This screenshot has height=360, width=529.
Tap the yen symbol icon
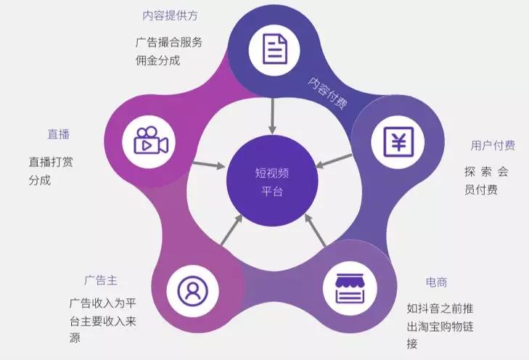(x=398, y=142)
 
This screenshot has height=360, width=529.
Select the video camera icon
(x=151, y=142)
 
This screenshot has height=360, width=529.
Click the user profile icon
(x=192, y=291)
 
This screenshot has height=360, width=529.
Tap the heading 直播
(x=59, y=134)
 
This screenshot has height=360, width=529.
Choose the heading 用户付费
(x=493, y=145)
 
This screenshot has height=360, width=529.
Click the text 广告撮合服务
(x=168, y=42)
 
